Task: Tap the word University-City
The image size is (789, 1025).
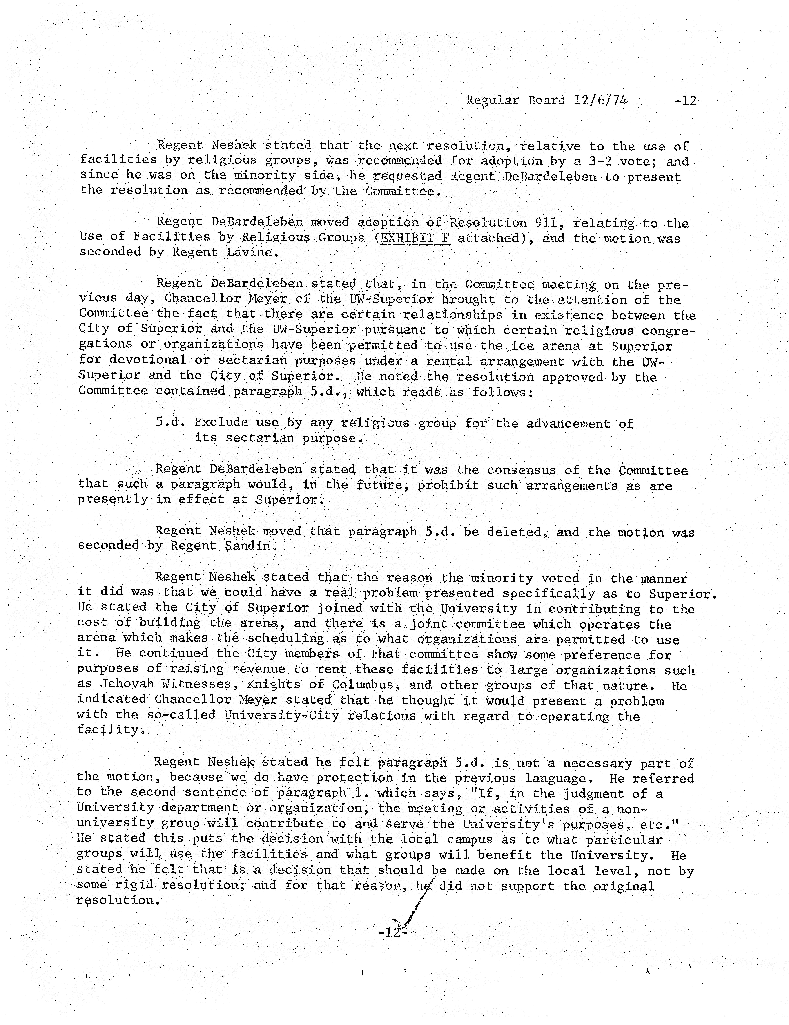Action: tap(281, 716)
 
